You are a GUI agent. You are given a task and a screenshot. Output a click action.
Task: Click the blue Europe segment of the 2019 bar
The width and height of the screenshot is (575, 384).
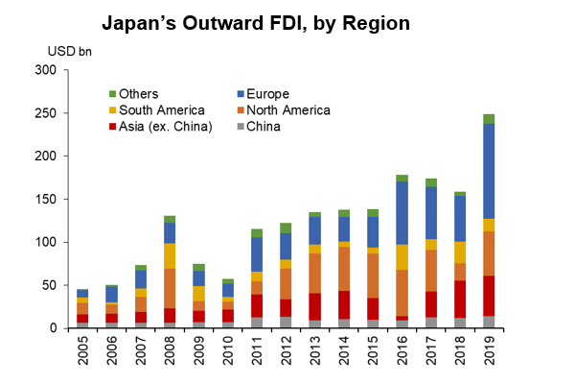tap(489, 176)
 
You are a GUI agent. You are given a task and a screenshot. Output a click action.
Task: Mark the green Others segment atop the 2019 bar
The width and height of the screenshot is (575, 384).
tap(489, 119)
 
